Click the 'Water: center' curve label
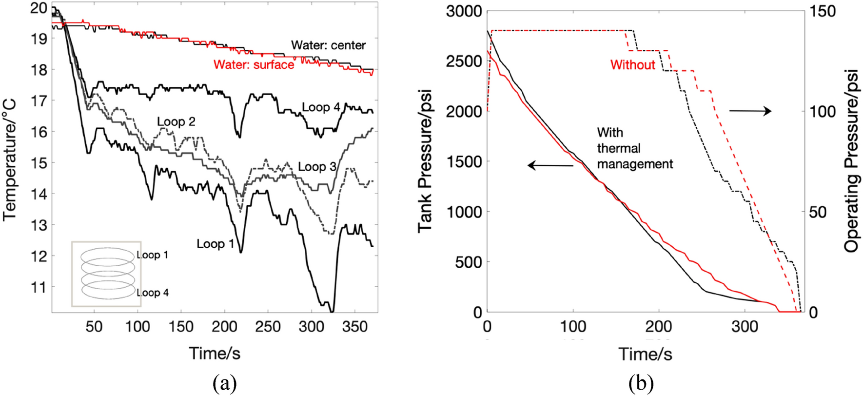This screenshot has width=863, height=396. point(328,45)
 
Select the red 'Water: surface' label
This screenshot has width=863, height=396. point(254,65)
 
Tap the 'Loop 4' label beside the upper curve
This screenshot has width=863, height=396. point(320,107)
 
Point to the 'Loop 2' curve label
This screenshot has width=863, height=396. point(176,121)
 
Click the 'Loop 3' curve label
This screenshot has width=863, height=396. point(317,167)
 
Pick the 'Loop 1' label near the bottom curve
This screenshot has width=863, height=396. point(216,244)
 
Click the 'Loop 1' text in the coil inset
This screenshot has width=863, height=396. point(152,255)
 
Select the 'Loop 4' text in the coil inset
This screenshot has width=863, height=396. point(152,293)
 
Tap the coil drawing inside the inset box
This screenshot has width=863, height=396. point(107,273)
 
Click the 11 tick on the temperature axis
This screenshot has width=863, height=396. point(41,287)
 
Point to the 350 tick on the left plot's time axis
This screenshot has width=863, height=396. point(354,326)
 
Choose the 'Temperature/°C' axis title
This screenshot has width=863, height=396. point(10,160)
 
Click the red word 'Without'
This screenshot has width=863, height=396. point(632,65)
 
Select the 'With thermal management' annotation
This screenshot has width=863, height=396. point(634,148)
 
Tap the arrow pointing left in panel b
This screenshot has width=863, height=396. point(550,166)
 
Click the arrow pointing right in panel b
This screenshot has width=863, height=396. point(750,111)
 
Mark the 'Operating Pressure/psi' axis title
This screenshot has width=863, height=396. point(852,161)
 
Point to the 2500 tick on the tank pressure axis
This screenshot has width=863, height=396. point(463,61)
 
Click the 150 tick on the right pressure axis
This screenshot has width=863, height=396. point(823,11)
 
